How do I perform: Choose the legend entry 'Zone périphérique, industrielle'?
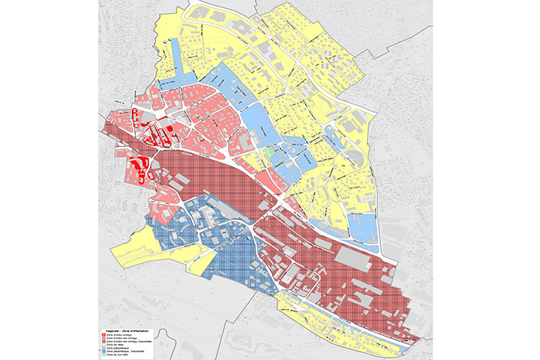[125, 351]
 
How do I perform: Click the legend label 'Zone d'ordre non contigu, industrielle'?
[129, 341]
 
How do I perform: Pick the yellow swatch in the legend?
[103, 345]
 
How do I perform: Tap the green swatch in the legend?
[103, 355]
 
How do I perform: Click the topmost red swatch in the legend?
[103, 334]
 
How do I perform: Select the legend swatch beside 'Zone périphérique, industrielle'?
[103, 351]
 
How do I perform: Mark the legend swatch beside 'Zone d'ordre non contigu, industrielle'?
[103, 341]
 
